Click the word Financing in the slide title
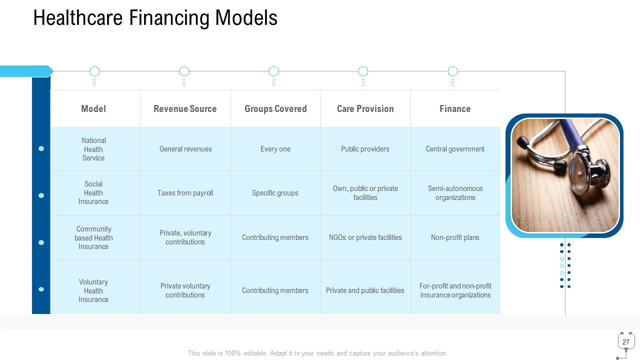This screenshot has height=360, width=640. [x=169, y=18]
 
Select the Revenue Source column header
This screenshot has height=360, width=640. [x=185, y=109]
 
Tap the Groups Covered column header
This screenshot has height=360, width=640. [x=275, y=109]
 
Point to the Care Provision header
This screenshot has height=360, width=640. [x=365, y=109]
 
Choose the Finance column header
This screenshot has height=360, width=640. [x=455, y=109]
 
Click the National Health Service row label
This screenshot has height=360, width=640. [x=93, y=149]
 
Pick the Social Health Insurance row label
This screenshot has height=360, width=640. [x=93, y=193]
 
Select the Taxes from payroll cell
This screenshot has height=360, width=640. [x=185, y=193]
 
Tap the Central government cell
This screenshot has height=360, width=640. [x=455, y=149]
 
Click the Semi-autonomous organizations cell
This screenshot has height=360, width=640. [x=455, y=193]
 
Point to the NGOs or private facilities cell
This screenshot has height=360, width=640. [x=365, y=237]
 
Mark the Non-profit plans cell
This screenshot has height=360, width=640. [x=455, y=237]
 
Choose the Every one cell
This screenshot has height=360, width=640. [x=275, y=149]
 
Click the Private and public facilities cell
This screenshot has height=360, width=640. [x=365, y=290]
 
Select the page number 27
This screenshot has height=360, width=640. [x=626, y=342]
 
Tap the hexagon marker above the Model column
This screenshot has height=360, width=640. [x=94, y=71]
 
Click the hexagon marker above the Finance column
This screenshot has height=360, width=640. [x=452, y=71]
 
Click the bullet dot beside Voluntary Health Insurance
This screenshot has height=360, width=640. [x=41, y=289]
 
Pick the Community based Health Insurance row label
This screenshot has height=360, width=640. [x=93, y=237]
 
